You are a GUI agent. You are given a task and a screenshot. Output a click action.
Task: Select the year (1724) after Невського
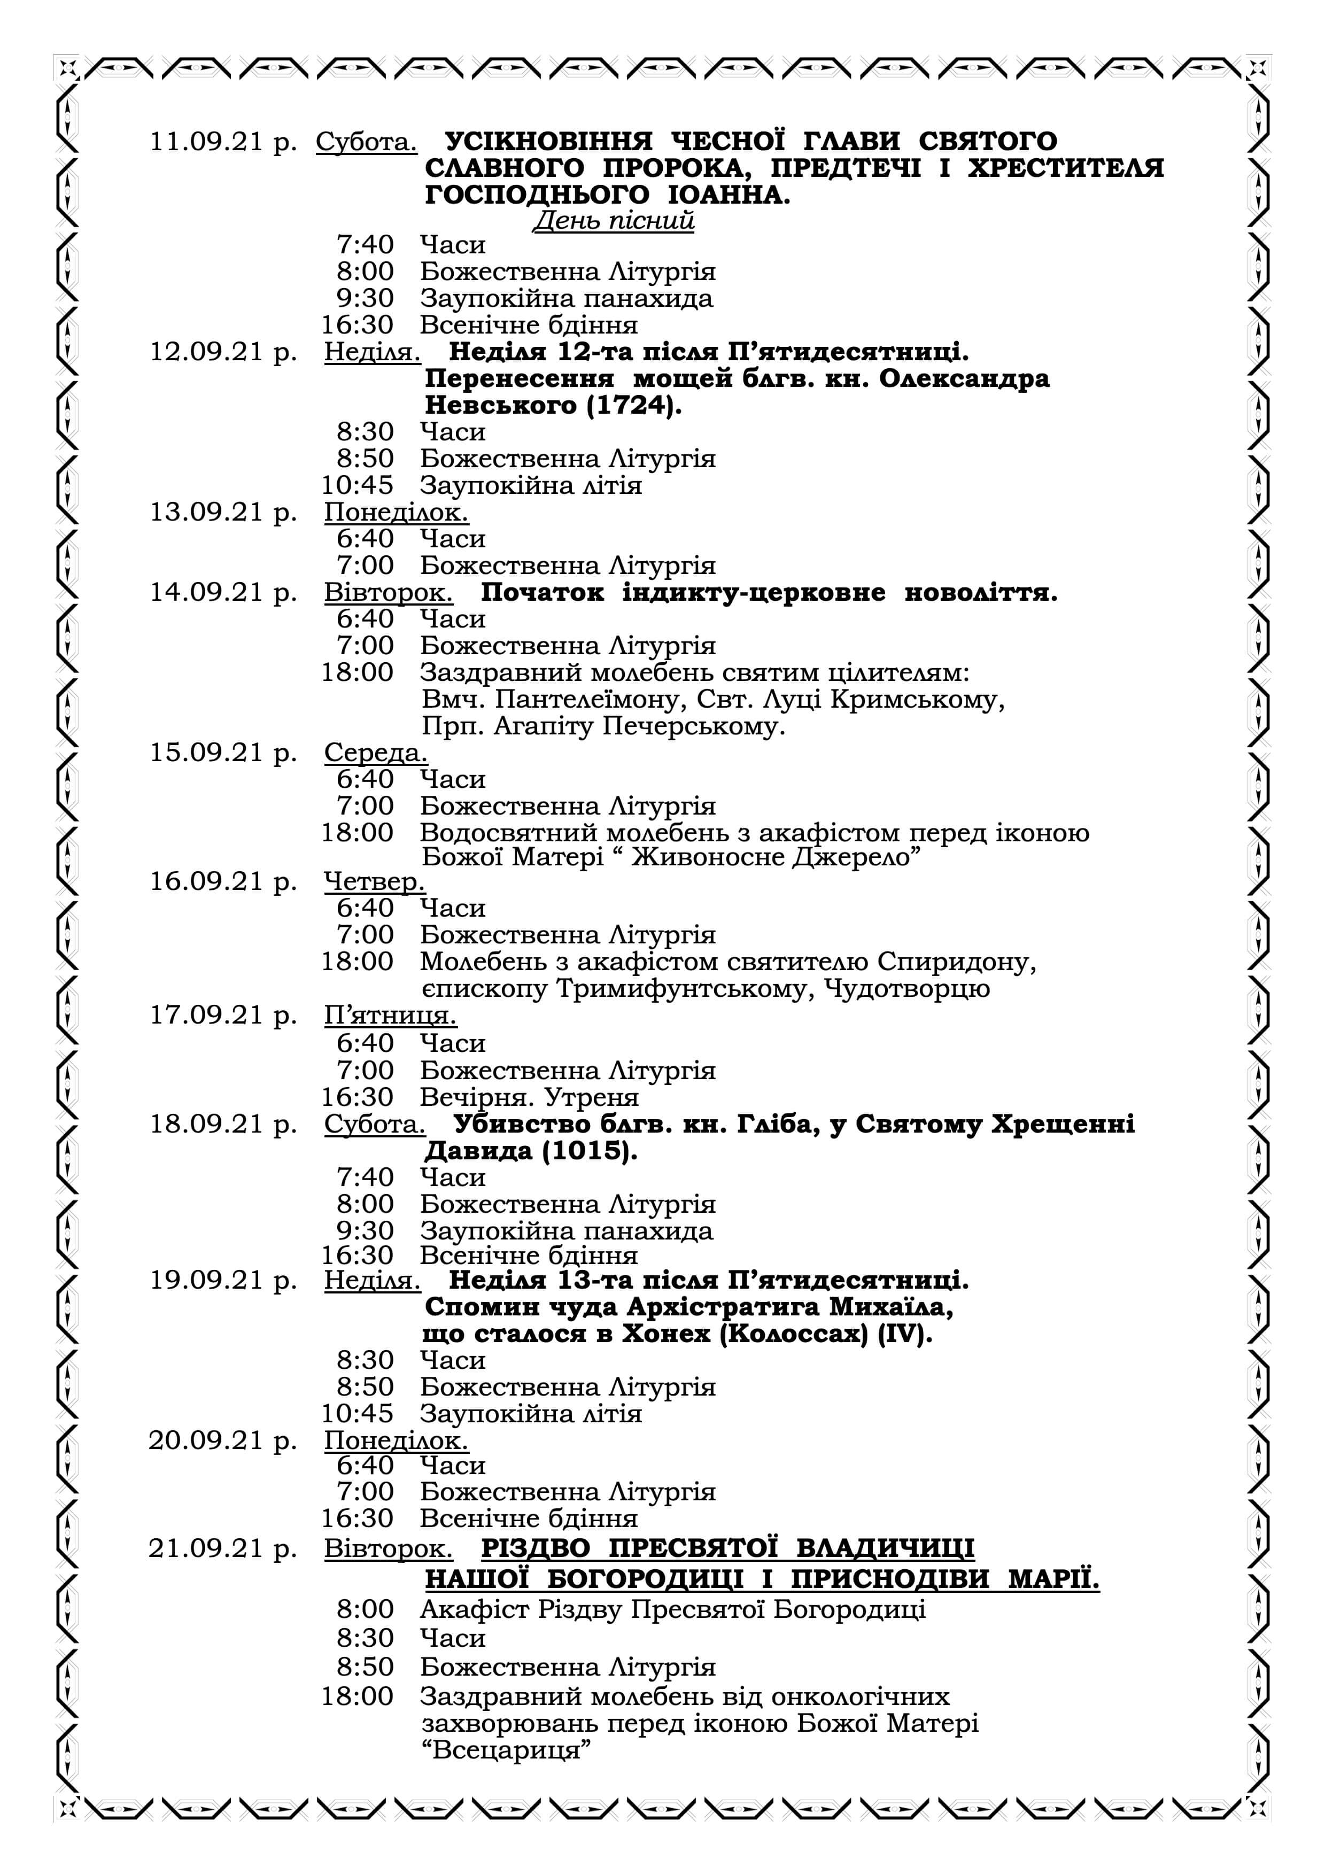click(x=633, y=406)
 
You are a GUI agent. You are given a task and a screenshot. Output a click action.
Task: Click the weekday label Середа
click(x=376, y=752)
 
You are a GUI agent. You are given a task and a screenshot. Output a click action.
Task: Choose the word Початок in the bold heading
click(x=542, y=592)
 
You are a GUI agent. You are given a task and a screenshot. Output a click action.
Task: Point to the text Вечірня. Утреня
click(x=529, y=1097)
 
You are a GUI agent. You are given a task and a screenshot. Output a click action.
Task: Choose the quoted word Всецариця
click(x=506, y=1750)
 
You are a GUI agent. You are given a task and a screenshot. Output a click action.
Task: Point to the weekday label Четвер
click(x=374, y=881)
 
